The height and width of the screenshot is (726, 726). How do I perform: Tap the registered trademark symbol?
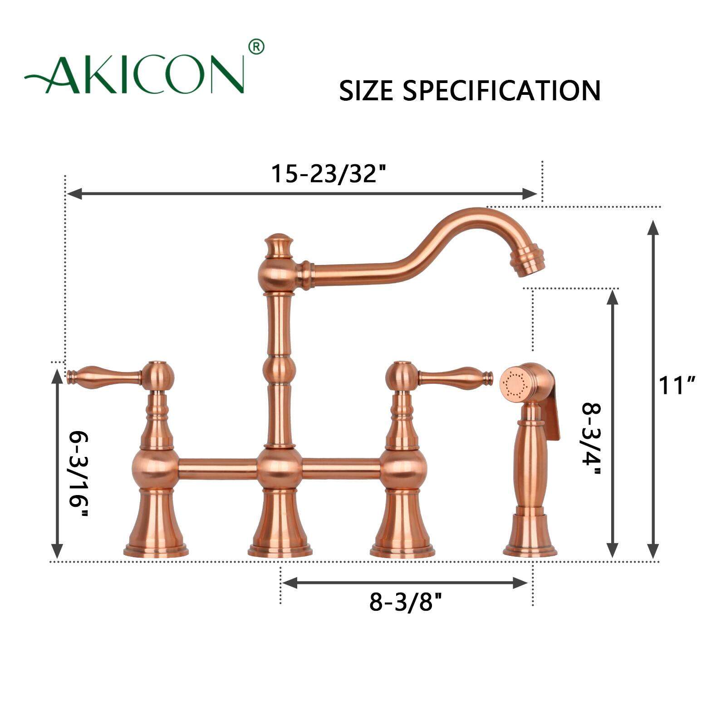coord(256,47)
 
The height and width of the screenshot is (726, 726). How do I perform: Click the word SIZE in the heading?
coord(366,90)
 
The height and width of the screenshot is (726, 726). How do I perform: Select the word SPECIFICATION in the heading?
coord(502,90)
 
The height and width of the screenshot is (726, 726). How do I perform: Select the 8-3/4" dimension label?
coord(591,439)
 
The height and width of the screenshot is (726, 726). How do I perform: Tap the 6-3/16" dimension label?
coord(78,475)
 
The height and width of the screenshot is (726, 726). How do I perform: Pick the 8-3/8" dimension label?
coord(406,603)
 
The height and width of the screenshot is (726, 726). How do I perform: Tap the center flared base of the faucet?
coord(280,526)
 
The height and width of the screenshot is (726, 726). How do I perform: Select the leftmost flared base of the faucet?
coord(156,526)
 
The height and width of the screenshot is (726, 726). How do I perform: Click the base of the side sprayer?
coord(530,538)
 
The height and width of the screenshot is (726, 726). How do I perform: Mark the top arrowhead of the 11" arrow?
coord(652,227)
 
